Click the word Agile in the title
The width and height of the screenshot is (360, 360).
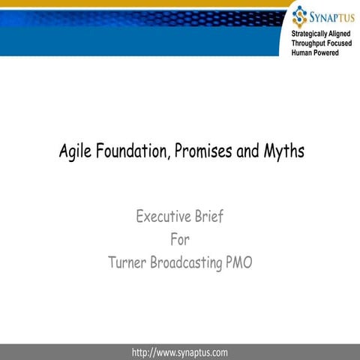point(76,152)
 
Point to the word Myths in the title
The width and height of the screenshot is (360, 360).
point(283,152)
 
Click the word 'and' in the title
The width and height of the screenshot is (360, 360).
point(247,151)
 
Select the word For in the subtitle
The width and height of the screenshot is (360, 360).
point(180,241)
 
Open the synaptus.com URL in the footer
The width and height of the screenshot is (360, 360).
point(179,352)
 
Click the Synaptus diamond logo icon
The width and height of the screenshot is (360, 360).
point(300,14)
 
